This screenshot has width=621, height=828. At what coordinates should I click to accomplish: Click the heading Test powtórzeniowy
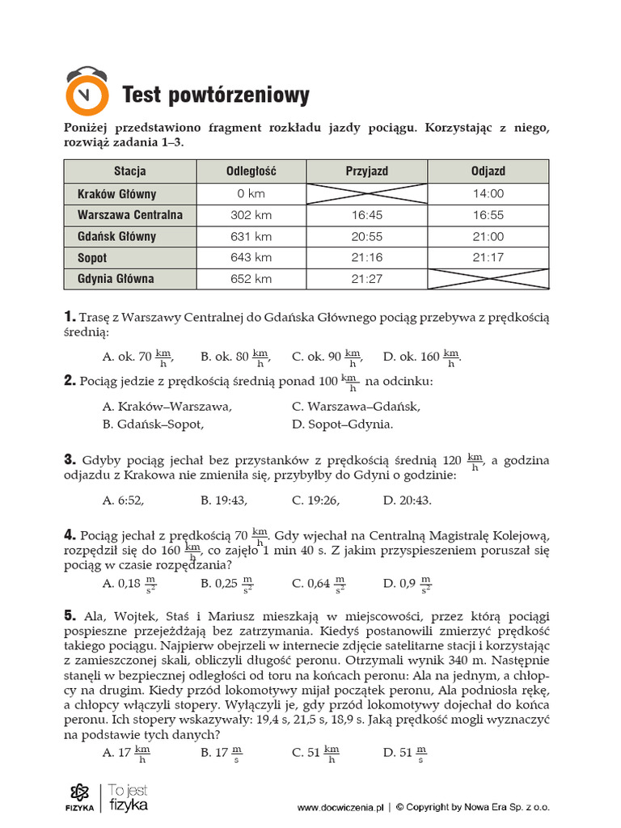[x=215, y=96]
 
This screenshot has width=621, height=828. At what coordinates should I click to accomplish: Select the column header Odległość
[x=251, y=171]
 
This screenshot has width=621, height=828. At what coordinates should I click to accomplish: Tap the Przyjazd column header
[x=366, y=171]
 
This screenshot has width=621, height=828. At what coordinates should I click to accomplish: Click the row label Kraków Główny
[x=117, y=194]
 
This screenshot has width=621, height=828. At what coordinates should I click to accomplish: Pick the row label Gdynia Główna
[x=116, y=279]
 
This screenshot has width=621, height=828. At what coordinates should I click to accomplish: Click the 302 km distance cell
[x=251, y=215]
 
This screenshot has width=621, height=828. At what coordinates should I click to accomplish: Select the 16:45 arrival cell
[x=366, y=215]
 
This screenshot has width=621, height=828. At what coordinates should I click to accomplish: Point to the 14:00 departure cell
[x=488, y=194]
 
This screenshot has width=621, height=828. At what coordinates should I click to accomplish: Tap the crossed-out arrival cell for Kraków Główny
[x=366, y=194]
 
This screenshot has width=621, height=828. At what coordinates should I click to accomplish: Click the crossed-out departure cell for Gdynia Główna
[x=488, y=279]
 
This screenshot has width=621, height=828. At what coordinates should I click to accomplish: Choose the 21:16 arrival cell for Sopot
[x=366, y=258]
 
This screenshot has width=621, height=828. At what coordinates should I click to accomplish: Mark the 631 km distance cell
[x=251, y=237]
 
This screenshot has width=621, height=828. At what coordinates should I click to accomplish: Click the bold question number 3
[x=70, y=460]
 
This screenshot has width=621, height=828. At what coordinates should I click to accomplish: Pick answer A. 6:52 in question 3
[x=123, y=501]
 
